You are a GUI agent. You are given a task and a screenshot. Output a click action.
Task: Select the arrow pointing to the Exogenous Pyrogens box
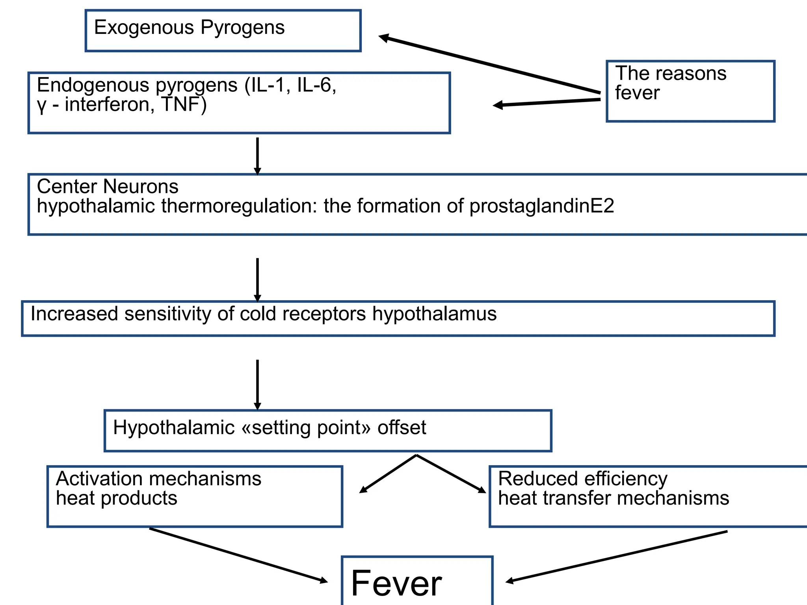point(489,65)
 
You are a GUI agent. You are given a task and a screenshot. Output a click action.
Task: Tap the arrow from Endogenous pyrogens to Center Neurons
point(257,156)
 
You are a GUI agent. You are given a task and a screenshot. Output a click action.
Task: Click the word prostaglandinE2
point(541,206)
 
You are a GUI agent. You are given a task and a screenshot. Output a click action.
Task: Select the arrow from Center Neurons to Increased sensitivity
point(257,280)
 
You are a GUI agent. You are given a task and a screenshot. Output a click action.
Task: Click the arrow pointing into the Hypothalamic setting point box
point(257,384)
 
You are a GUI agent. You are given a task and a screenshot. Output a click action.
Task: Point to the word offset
point(402,428)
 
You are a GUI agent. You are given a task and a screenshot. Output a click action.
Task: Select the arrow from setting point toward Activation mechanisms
point(388,474)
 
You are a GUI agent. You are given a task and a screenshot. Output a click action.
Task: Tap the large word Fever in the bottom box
point(396,584)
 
